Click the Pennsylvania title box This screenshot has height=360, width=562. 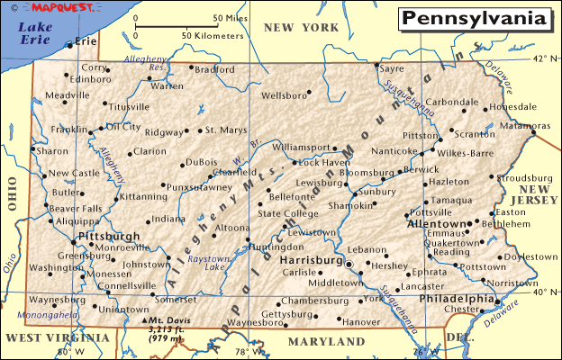click(x=472, y=19)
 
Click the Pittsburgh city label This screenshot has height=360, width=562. click(x=109, y=236)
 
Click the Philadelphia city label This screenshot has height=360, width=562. click(x=457, y=299)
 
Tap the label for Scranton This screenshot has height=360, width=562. click(x=474, y=134)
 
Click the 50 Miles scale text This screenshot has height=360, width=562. click(x=231, y=17)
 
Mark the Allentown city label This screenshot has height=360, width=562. click(x=440, y=222)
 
